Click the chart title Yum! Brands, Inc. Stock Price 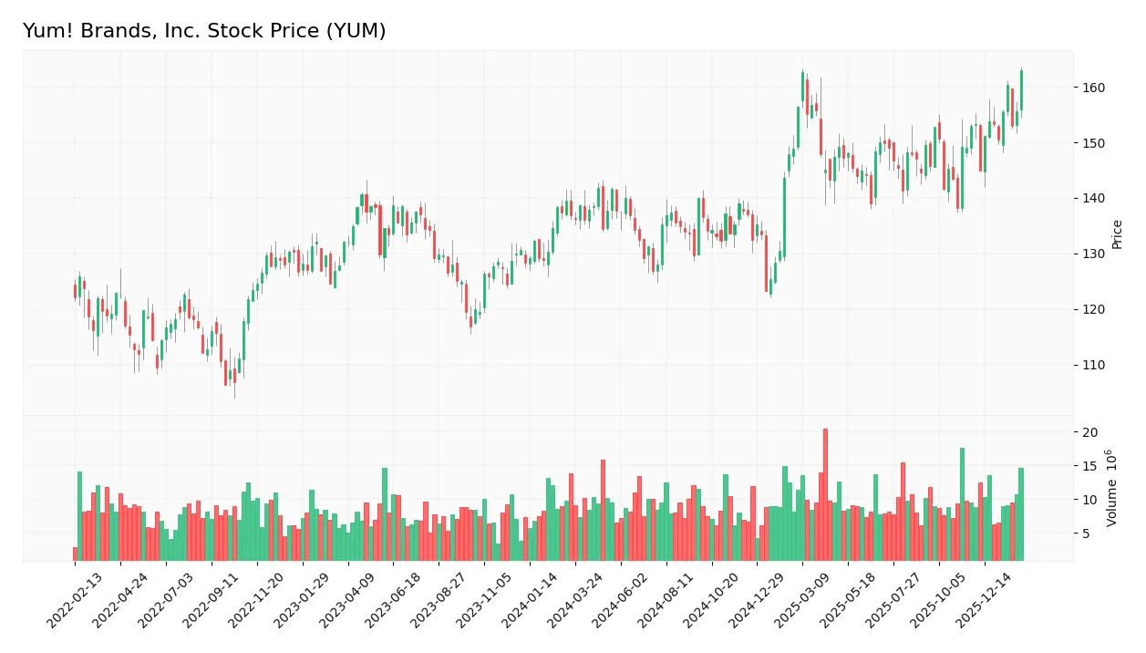pos(204,31)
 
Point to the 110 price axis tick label pos(1092,365)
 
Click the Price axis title pos(1117,234)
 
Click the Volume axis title pos(1112,487)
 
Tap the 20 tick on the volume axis pos(1090,432)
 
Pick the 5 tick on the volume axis pos(1088,534)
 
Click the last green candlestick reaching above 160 pos(1021,90)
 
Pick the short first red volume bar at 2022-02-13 pos(75,554)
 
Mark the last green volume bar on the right pos(1021,513)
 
